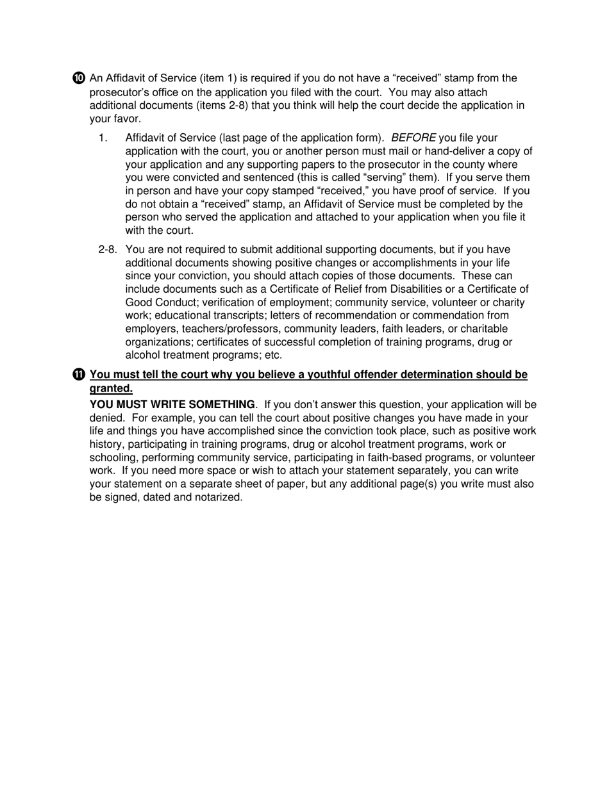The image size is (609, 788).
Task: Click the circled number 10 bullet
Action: [78, 78]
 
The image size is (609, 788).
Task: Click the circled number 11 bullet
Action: [78, 375]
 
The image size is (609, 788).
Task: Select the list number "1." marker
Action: [103, 138]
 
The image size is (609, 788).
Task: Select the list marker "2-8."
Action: [107, 250]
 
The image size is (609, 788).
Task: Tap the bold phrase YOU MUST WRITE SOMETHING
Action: [172, 405]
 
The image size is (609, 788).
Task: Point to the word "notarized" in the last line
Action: [219, 497]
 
